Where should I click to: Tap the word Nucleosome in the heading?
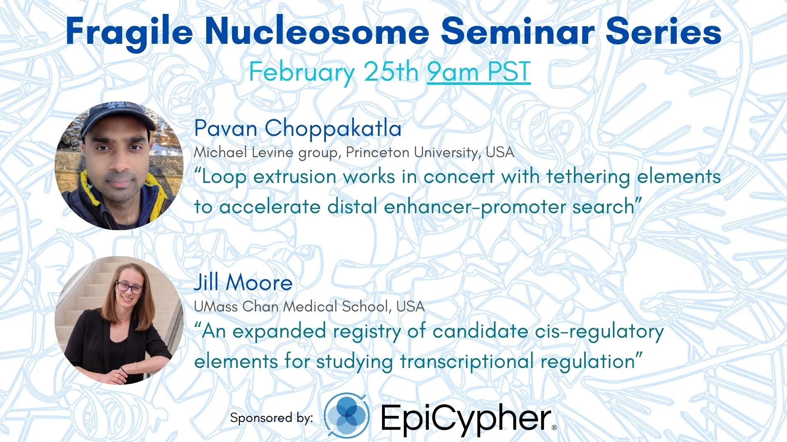pos(317,32)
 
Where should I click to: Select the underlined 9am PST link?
pos(479,72)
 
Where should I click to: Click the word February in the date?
pos(302,73)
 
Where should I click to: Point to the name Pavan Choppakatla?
pos(298,128)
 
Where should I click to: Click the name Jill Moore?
pos(243,282)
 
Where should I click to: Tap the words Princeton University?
pos(412,152)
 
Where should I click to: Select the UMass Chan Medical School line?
pos(309,306)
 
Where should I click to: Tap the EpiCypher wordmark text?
pos(466,418)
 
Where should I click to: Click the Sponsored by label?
pos(271,418)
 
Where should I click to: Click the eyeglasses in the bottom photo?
pos(130,287)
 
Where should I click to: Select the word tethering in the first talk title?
pos(588,177)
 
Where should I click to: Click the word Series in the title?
pos(664,32)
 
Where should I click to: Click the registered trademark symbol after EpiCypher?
pos(554,427)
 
